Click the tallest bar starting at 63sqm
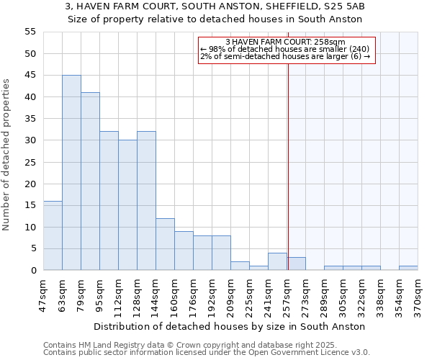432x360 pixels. pos(71,173)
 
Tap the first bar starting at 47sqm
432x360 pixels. pos(53,235)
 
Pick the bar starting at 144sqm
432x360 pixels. pos(165,244)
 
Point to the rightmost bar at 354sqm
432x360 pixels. pos(408,268)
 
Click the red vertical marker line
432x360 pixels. pos(288,166)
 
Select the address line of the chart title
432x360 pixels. pos(215,6)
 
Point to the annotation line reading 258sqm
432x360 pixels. pos(286,42)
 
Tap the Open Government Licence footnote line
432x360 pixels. pos(206,352)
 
